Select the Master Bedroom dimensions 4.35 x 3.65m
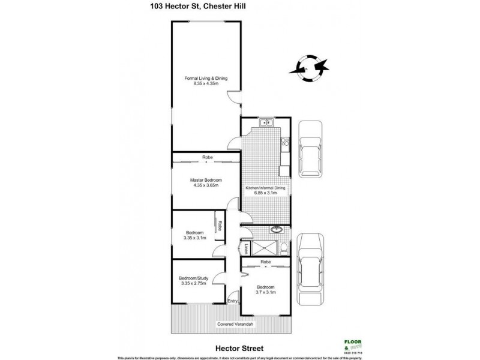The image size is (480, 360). pos(206,185)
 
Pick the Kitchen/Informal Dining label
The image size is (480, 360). pos(265,188)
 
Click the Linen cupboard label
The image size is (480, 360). pos(245,250)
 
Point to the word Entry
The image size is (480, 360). pos(233,301)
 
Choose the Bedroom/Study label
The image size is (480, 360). pos(193,278)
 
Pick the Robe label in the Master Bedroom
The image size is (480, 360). pos(206,158)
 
